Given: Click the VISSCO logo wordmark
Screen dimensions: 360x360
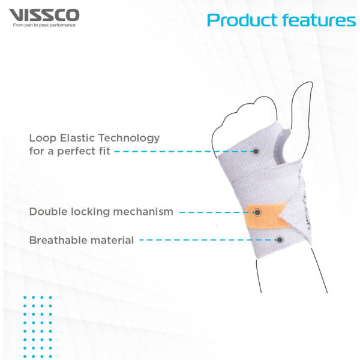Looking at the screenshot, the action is pyautogui.click(x=44, y=15).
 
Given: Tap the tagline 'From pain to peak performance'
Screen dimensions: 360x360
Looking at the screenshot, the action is pyautogui.click(x=44, y=25).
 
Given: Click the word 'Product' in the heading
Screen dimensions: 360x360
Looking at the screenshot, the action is pyautogui.click(x=243, y=20).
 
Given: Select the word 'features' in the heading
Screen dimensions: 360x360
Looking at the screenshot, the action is pyautogui.click(x=319, y=20).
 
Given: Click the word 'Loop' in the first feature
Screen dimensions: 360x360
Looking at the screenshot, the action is pyautogui.click(x=43, y=138).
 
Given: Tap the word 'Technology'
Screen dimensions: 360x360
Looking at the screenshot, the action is pyautogui.click(x=129, y=139).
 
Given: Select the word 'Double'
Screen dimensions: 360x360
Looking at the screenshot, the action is pyautogui.click(x=48, y=211).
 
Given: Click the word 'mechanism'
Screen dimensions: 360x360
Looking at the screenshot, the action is pyautogui.click(x=143, y=211).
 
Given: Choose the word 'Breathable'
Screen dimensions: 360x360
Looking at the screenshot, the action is pyautogui.click(x=58, y=241).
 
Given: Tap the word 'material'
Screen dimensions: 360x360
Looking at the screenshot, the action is pyautogui.click(x=112, y=241).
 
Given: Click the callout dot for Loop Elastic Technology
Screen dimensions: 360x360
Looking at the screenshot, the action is pyautogui.click(x=256, y=151).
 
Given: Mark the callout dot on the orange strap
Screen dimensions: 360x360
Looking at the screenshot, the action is pyautogui.click(x=257, y=212).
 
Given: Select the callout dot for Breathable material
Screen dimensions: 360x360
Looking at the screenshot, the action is pyautogui.click(x=280, y=240).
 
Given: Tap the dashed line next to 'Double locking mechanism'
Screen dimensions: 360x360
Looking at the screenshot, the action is pyautogui.click(x=216, y=212).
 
